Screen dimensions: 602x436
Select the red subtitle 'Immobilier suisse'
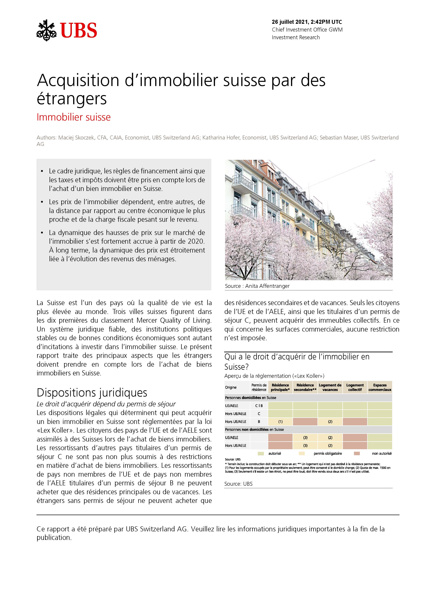[x=74, y=117]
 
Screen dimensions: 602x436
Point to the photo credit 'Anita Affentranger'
[x=267, y=286]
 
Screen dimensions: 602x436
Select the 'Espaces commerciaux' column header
[x=380, y=387]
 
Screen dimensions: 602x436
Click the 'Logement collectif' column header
[x=355, y=387]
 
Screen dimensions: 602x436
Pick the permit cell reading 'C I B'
[x=259, y=406]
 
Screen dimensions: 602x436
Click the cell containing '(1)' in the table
[x=280, y=422]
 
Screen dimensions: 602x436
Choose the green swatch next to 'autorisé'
[x=261, y=453]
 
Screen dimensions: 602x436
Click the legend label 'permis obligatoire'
[x=328, y=453]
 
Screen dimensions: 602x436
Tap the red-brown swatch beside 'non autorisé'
[x=357, y=453]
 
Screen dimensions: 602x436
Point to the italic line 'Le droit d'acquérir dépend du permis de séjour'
[x=106, y=404]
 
